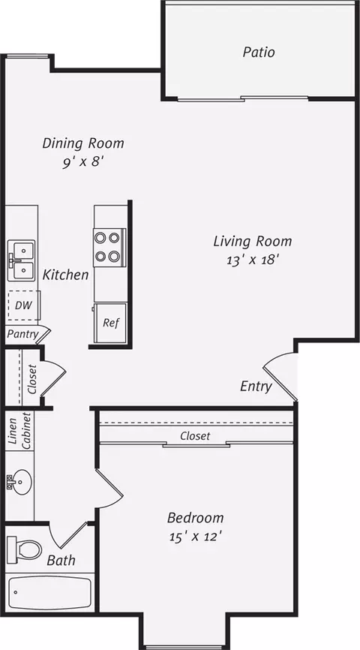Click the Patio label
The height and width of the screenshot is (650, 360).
[258, 53]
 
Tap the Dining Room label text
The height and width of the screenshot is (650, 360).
[82, 143]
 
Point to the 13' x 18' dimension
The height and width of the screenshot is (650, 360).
[252, 260]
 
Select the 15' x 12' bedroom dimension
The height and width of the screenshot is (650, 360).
[195, 537]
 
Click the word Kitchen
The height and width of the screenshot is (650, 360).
[65, 275]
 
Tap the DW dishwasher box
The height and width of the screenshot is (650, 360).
[22, 305]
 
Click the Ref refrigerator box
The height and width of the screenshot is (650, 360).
[110, 324]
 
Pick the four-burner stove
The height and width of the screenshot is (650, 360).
[107, 247]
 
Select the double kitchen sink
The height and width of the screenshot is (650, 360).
[22, 260]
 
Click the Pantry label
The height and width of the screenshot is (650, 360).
[23, 333]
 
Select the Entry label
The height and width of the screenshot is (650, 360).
[256, 387]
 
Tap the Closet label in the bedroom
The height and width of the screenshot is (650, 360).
[195, 436]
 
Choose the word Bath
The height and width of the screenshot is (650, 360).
[61, 560]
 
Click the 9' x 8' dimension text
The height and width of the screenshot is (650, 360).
[82, 161]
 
